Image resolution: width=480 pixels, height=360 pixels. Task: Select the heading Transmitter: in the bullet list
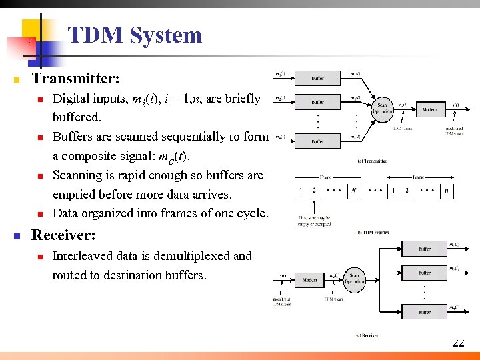(x=76, y=79)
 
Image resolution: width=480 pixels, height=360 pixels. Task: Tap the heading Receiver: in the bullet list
(x=64, y=235)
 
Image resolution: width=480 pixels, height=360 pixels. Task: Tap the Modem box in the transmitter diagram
(x=429, y=109)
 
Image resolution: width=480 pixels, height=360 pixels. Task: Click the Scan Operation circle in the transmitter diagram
(x=383, y=107)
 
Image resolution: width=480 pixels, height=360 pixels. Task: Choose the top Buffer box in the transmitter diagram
(x=318, y=78)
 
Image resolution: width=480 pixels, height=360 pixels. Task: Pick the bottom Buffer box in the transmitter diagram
(x=318, y=141)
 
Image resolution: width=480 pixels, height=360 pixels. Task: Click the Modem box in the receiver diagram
(x=310, y=281)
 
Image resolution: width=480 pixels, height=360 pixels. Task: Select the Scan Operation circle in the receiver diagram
(x=354, y=279)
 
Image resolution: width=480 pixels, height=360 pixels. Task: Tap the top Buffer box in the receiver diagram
(x=425, y=249)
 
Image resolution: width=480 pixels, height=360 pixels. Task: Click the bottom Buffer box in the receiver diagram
(x=425, y=312)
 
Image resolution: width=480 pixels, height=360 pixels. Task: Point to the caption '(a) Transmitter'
(x=372, y=161)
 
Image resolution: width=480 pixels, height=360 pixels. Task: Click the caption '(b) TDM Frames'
(x=372, y=233)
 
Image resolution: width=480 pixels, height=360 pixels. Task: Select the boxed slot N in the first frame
(x=353, y=190)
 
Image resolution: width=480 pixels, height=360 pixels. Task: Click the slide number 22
(x=458, y=343)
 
